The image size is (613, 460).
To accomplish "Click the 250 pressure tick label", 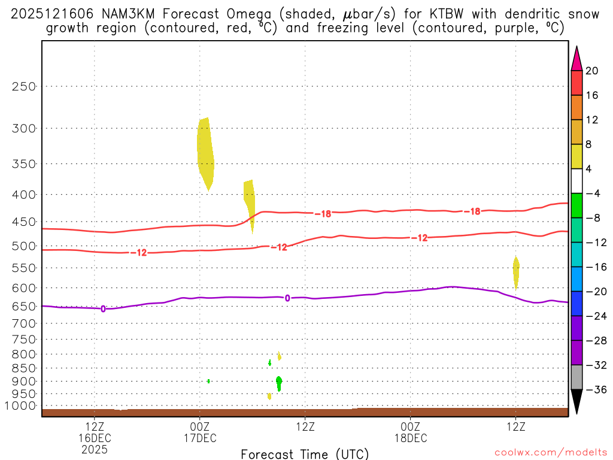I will (25, 86).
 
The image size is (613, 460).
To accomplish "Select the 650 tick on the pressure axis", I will (25, 306).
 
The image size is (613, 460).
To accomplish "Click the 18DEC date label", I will (411, 438).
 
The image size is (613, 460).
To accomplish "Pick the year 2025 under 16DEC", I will (95, 449).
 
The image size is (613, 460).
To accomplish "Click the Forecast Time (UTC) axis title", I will (305, 454).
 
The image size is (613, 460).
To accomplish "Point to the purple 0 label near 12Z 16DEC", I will (103, 309).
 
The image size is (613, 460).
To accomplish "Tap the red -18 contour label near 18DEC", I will (473, 211).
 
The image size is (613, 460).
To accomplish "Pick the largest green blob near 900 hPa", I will (279, 382).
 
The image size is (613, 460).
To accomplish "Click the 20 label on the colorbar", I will (591, 71).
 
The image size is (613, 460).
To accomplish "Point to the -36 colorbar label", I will (593, 390).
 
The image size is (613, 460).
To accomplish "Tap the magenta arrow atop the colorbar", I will (576, 59).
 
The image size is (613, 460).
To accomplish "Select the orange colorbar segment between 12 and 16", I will (576, 108).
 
